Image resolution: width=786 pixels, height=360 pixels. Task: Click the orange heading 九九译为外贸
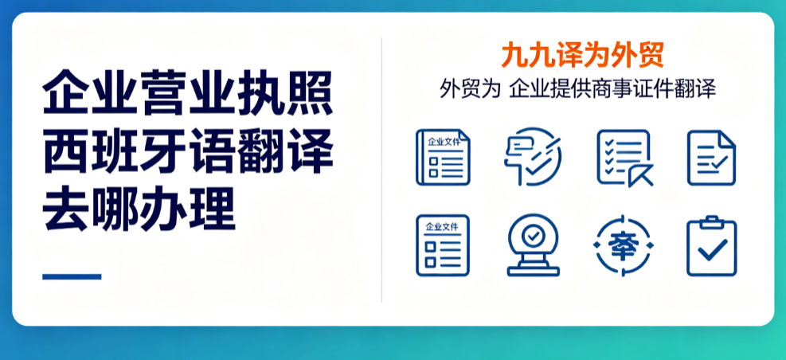582,55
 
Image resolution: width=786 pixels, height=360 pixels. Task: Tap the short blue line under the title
72,276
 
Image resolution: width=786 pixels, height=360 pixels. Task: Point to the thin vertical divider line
381,170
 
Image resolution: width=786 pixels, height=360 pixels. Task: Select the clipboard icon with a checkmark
711,245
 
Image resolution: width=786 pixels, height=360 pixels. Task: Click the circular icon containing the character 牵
623,245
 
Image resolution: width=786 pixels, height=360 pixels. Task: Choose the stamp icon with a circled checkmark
534,245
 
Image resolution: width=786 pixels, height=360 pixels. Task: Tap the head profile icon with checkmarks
533,157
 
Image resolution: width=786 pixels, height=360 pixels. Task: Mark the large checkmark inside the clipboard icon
712,249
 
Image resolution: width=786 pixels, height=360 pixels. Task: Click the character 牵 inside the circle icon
623,246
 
